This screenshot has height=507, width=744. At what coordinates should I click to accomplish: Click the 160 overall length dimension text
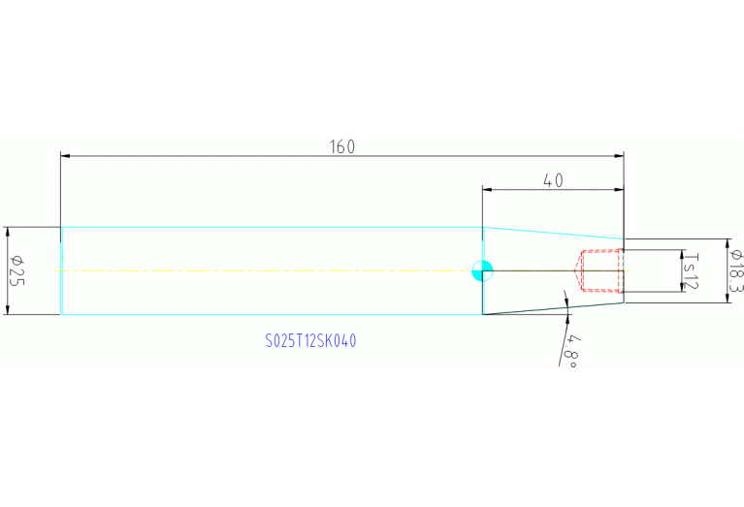tap(342, 146)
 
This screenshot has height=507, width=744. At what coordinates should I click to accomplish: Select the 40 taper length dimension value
tap(553, 180)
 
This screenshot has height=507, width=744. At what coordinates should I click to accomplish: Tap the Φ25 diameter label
tap(15, 270)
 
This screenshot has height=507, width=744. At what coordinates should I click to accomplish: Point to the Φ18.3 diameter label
tap(736, 270)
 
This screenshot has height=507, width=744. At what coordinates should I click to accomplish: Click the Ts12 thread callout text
tap(690, 270)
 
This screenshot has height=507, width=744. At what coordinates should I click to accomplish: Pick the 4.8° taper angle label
tap(571, 349)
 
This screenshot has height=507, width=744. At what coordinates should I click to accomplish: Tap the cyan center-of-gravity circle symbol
tap(482, 270)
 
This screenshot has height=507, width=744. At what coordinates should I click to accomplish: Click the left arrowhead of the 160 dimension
tap(65, 155)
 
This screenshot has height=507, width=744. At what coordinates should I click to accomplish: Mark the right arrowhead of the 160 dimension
tap(620, 155)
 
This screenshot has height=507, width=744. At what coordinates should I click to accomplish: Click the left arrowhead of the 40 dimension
tap(487, 189)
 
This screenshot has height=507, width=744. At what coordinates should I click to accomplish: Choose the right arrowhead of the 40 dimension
tap(620, 189)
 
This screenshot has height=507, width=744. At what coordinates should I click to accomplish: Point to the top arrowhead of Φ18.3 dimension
tap(727, 242)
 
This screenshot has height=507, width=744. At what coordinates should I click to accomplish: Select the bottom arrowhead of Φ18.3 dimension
tap(727, 298)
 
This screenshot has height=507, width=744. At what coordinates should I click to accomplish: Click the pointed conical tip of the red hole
tap(576, 270)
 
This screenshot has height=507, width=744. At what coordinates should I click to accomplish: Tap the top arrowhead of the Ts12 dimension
tap(680, 254)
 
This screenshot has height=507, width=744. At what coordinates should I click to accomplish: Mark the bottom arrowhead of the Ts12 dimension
tap(680, 288)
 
